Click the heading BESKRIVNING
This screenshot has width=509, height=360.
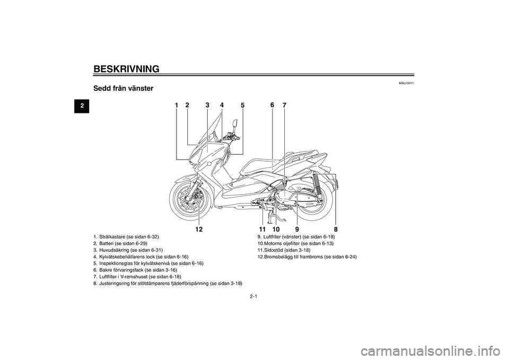126,69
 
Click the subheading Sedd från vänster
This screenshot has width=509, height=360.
124,89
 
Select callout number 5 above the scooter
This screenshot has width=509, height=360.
242,106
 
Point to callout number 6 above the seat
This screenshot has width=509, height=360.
272,104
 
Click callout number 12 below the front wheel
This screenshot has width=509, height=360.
199,229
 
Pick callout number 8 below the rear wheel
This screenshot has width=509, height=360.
336,229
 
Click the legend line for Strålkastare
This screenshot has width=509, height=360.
126,236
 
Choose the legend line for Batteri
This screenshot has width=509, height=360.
120,243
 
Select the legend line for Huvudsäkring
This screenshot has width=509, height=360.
128,250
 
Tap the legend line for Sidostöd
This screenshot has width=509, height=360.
284,250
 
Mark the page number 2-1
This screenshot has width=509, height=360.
253,296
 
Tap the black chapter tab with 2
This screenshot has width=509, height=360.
82,106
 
